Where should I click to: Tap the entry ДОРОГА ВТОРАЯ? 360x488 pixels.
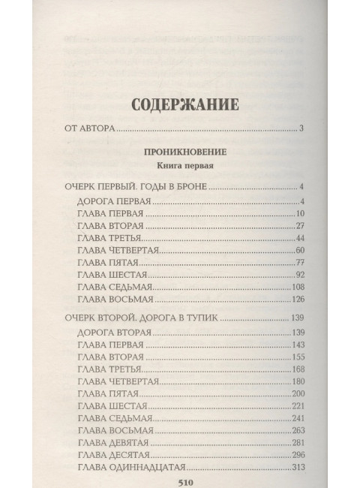(115, 333)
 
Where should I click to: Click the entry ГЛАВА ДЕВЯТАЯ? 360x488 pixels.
(115, 442)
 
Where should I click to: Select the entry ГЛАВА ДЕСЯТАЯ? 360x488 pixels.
(116, 454)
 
